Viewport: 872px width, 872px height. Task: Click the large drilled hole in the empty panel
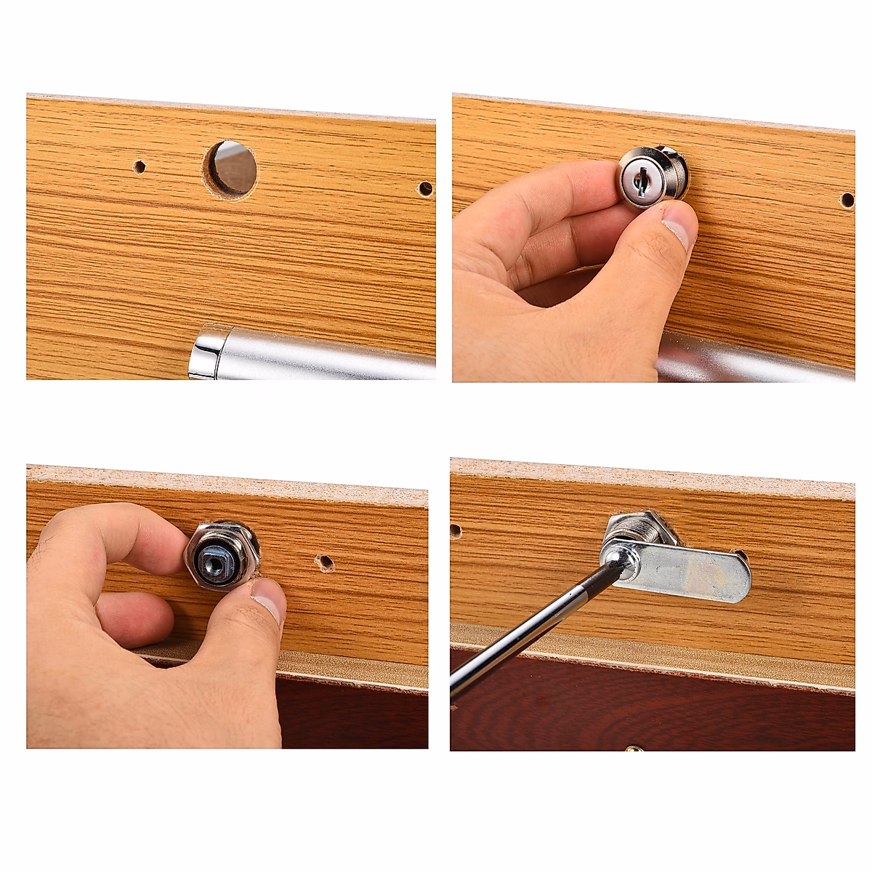tap(230, 169)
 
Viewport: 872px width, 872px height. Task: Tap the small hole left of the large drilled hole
tap(139, 167)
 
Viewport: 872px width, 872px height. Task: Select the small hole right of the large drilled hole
tap(425, 189)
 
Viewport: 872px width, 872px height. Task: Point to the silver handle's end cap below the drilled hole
tap(207, 352)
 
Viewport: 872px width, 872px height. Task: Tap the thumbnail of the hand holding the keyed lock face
tap(677, 227)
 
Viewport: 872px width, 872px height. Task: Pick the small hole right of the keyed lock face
tap(847, 200)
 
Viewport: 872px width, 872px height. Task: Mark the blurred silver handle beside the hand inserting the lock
tap(756, 360)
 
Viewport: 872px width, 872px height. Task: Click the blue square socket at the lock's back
tap(217, 559)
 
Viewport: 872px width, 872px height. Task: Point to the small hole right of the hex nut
tap(325, 562)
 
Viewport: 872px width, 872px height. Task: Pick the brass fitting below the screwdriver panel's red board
tap(634, 748)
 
